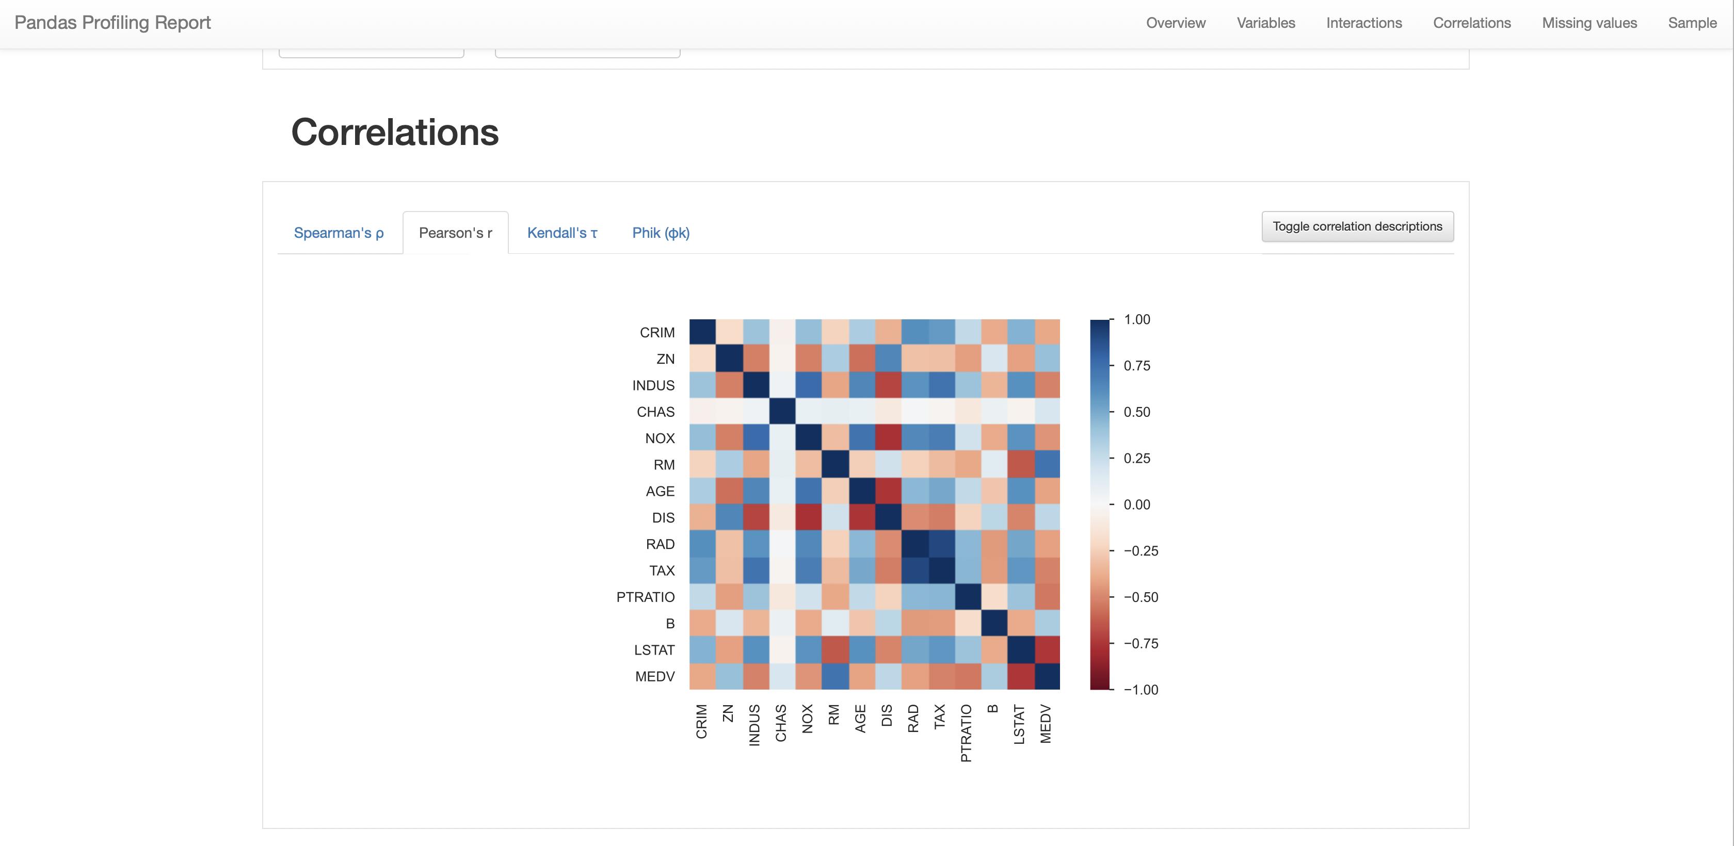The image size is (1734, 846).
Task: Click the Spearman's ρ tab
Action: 339,233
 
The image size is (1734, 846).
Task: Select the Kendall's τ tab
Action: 562,233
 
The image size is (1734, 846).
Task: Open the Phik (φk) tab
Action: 661,233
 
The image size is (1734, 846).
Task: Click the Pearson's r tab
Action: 456,233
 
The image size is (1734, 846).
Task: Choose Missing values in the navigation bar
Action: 1590,23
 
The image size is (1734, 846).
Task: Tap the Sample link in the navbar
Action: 1692,23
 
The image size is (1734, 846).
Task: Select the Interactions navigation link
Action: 1364,23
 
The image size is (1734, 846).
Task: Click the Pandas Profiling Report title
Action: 113,23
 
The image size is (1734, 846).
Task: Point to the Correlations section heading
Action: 395,132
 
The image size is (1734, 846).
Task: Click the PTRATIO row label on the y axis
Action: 646,597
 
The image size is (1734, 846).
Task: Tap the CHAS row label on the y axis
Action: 655,412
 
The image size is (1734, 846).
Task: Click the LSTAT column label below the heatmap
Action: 1019,724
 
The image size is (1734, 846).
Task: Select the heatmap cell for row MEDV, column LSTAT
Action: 1020,676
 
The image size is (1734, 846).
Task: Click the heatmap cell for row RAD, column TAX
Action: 941,544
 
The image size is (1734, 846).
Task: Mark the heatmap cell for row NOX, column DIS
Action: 888,438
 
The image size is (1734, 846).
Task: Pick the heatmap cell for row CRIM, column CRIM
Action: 703,333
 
